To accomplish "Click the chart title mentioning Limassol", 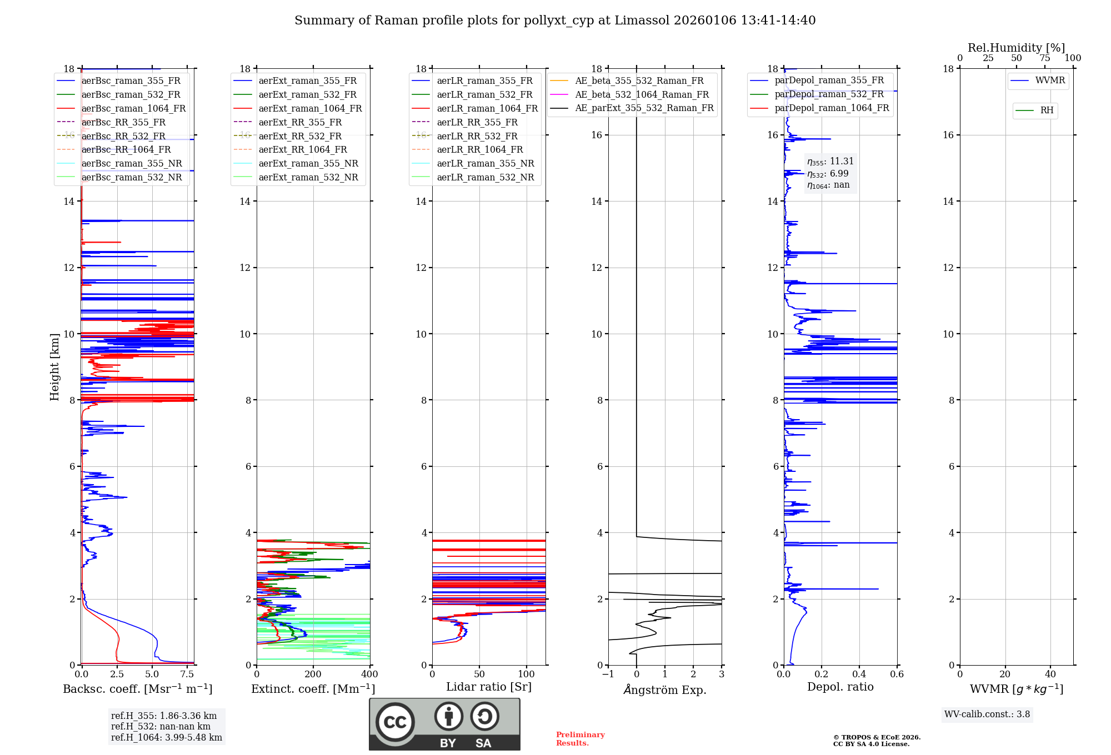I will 555,21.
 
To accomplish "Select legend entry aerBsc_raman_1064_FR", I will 133,109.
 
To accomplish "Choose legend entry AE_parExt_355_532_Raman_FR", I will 644,108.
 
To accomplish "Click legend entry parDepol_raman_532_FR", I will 829,94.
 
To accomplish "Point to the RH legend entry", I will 1047,110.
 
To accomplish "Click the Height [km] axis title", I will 54,366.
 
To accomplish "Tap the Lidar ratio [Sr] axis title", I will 489,687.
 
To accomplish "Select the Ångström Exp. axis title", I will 665,690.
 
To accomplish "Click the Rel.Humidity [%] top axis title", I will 1016,48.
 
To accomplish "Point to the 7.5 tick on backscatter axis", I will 187,675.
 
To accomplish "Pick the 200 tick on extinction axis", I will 313,675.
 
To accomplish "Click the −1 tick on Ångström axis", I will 608,675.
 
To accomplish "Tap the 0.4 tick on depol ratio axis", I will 859,675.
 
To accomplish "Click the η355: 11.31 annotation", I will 830,162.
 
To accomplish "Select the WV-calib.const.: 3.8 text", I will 987,714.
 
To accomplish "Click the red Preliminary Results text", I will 580,739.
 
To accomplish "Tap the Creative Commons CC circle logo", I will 395,722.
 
